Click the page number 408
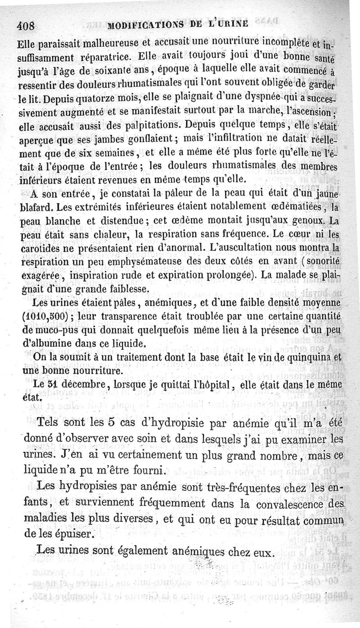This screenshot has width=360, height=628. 26,26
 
